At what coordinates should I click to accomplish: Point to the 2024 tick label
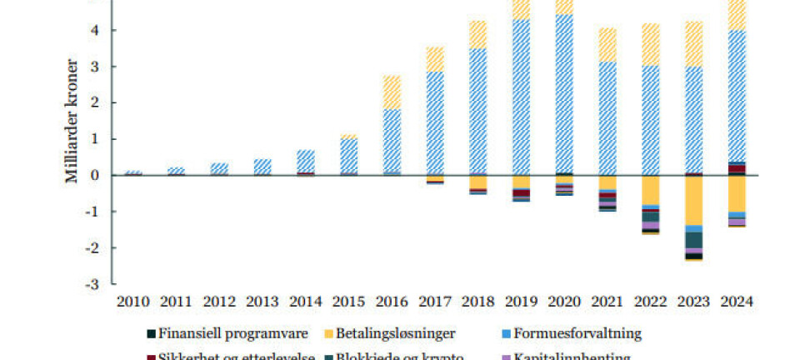coord(737,302)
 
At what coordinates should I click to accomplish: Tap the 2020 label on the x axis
coord(565,302)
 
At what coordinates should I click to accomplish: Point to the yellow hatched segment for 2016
coord(390,92)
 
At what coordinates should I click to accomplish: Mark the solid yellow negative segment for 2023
coord(693,200)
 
